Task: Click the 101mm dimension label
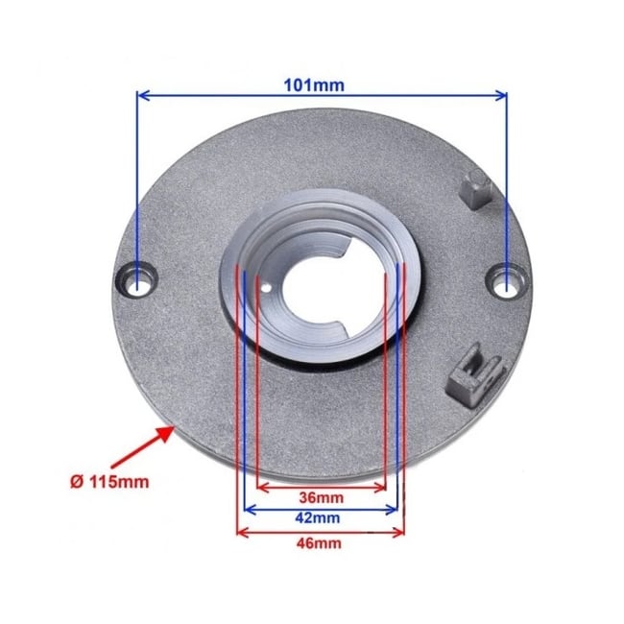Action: click(x=323, y=84)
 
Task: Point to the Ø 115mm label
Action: click(x=109, y=480)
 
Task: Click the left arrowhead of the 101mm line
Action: click(x=142, y=94)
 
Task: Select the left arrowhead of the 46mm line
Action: click(x=241, y=531)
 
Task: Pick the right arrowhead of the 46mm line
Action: click(x=400, y=531)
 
